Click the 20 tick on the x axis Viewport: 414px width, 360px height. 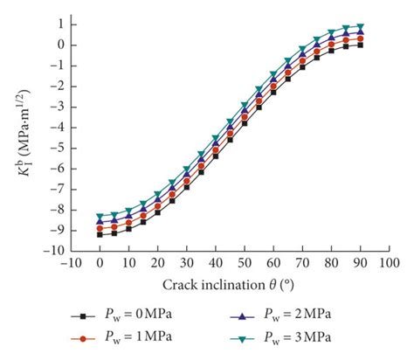pos(157,262)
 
